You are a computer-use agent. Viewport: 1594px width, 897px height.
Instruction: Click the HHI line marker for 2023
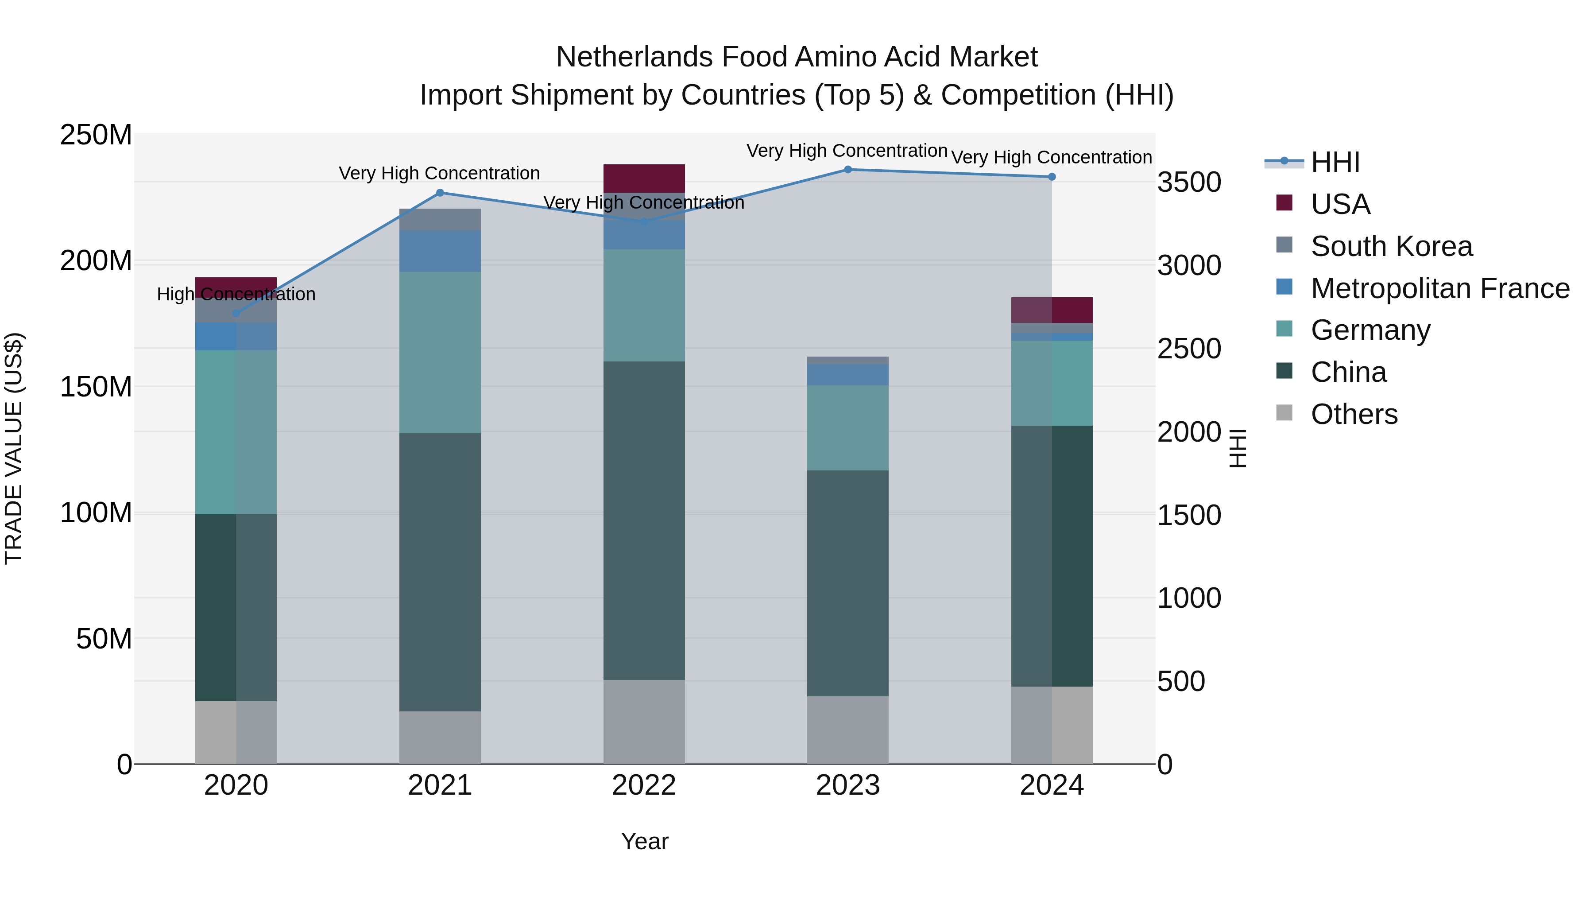pyautogui.click(x=848, y=170)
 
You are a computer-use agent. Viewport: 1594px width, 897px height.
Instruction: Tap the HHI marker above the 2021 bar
pyautogui.click(x=440, y=193)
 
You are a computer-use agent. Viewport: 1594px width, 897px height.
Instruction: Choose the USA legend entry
pyautogui.click(x=1340, y=204)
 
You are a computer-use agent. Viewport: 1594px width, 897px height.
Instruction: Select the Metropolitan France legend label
pyautogui.click(x=1440, y=288)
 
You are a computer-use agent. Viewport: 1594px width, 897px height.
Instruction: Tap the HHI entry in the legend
pyautogui.click(x=1335, y=162)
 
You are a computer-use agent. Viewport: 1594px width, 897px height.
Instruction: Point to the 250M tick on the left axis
pyautogui.click(x=96, y=135)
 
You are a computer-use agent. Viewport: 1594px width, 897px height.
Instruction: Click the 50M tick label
pyautogui.click(x=104, y=639)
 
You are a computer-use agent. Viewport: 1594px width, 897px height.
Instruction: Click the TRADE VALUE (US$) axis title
pyautogui.click(x=14, y=448)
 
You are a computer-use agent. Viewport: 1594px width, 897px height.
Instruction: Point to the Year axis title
pyautogui.click(x=644, y=841)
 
